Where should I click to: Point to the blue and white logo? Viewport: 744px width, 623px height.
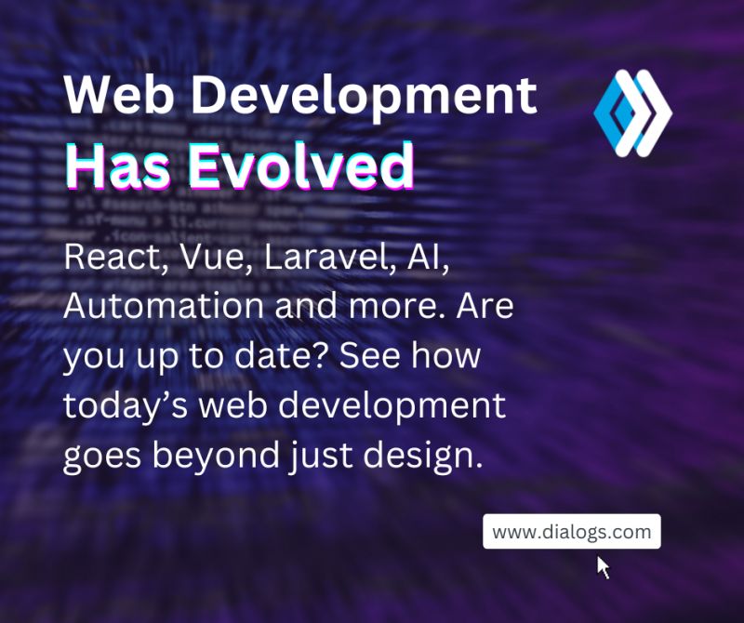632,113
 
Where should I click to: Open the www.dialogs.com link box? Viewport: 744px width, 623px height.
571,532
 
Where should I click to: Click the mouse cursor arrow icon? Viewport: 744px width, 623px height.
603,567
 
